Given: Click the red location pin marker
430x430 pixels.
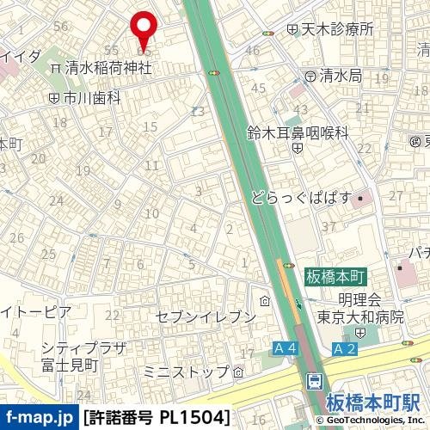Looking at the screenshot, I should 143,28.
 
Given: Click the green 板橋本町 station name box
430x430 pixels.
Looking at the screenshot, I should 335,277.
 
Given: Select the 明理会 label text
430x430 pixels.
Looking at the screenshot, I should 359,299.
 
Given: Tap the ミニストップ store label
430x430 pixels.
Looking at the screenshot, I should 187,372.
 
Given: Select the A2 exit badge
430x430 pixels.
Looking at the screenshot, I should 344,348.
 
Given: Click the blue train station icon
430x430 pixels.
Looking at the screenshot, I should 315,380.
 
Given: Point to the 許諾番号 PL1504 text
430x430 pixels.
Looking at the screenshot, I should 158,417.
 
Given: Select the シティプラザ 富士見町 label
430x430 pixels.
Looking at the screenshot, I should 83,357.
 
